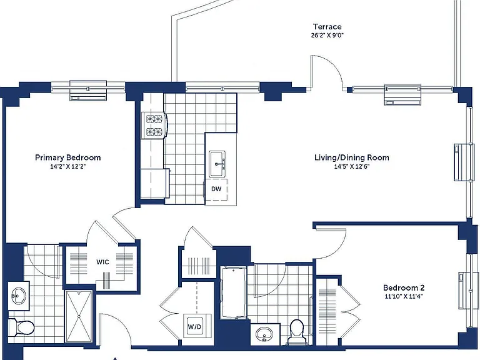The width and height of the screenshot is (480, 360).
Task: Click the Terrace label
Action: click(327, 27)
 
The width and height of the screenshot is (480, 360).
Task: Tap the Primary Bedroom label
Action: click(68, 157)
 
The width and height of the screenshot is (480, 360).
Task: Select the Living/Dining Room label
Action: click(352, 157)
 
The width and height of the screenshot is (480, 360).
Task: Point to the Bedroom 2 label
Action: click(404, 287)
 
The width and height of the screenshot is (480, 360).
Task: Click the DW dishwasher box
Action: click(216, 189)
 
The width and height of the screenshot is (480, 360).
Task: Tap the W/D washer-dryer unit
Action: click(195, 326)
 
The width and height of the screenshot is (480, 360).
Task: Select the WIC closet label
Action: click(102, 262)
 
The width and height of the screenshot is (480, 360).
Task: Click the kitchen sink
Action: click(217, 164)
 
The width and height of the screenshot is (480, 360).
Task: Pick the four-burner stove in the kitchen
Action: click(154, 125)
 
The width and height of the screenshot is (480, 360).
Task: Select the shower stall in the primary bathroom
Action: click(79, 316)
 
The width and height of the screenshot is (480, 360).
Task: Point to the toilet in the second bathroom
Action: click(296, 331)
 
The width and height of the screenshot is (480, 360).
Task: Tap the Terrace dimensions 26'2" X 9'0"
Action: click(327, 35)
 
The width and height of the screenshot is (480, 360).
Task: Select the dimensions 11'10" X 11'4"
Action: click(404, 296)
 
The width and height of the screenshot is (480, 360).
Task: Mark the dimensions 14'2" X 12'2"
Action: click(68, 166)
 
